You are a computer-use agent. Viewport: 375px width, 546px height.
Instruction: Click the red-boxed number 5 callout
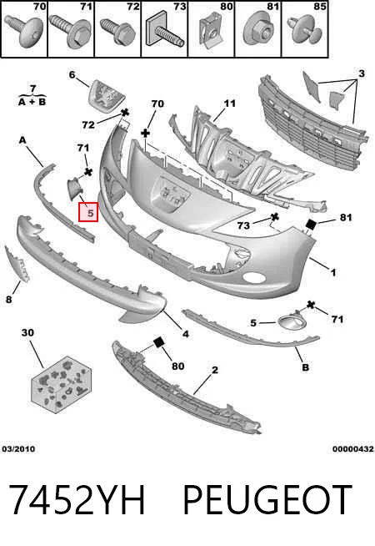click(88, 212)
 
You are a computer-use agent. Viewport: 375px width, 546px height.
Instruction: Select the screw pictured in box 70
click(24, 31)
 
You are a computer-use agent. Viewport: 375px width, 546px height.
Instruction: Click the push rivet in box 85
click(304, 30)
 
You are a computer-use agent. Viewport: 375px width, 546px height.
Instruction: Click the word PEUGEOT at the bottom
click(267, 499)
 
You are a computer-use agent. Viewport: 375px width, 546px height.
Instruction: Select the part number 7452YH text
click(77, 499)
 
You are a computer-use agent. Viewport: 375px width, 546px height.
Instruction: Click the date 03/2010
click(18, 449)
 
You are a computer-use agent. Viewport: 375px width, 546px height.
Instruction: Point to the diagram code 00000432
click(353, 449)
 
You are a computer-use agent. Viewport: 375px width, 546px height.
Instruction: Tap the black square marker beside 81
click(310, 225)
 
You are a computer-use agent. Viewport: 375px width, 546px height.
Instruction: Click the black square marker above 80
click(158, 342)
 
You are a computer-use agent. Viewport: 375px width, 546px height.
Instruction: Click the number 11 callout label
click(229, 104)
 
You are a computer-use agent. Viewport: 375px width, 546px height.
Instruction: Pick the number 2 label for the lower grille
click(215, 370)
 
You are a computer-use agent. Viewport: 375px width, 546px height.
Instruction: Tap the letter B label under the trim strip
click(305, 367)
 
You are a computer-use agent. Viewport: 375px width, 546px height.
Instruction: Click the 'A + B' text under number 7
click(32, 102)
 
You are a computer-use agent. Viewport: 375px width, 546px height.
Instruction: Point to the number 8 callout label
click(8, 299)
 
